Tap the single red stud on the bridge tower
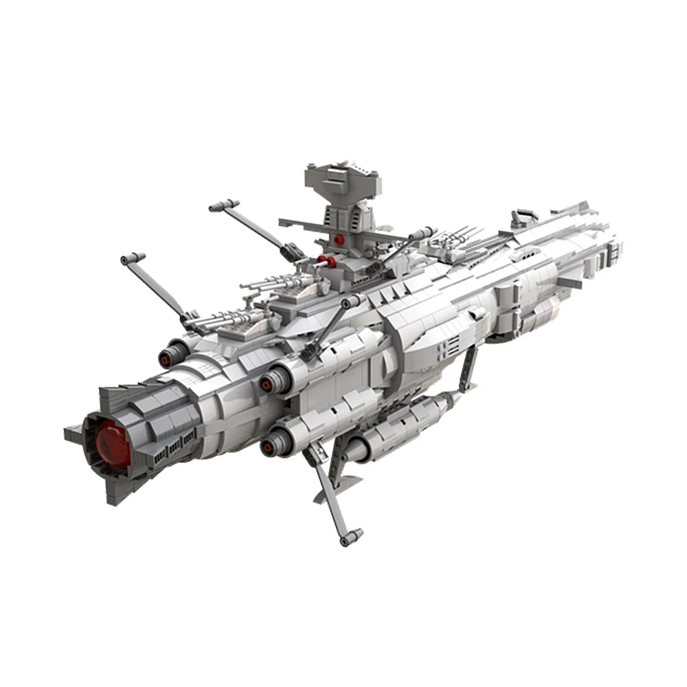click(339, 239)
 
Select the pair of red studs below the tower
click(325, 262)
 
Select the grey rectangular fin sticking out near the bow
click(568, 282)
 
